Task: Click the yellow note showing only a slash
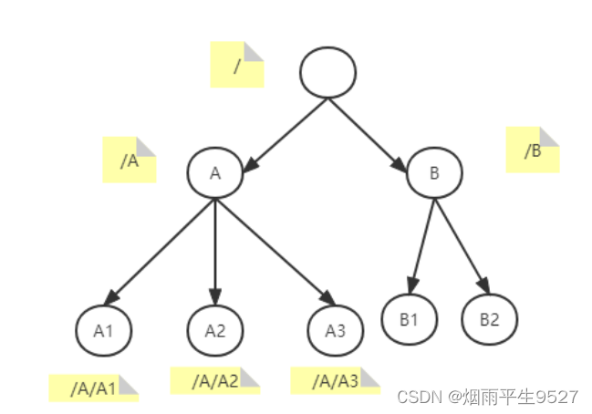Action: (x=237, y=65)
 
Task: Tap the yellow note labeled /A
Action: (x=130, y=160)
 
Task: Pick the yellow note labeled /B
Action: (x=533, y=150)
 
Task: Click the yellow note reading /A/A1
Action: (x=94, y=388)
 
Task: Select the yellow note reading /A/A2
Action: (x=215, y=380)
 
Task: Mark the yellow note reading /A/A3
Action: (x=336, y=380)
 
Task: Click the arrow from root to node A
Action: (x=285, y=135)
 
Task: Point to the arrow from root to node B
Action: (x=368, y=135)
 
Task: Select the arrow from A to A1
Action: (x=160, y=252)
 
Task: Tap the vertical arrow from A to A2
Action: (x=215, y=252)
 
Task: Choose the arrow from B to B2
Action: (x=462, y=246)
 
